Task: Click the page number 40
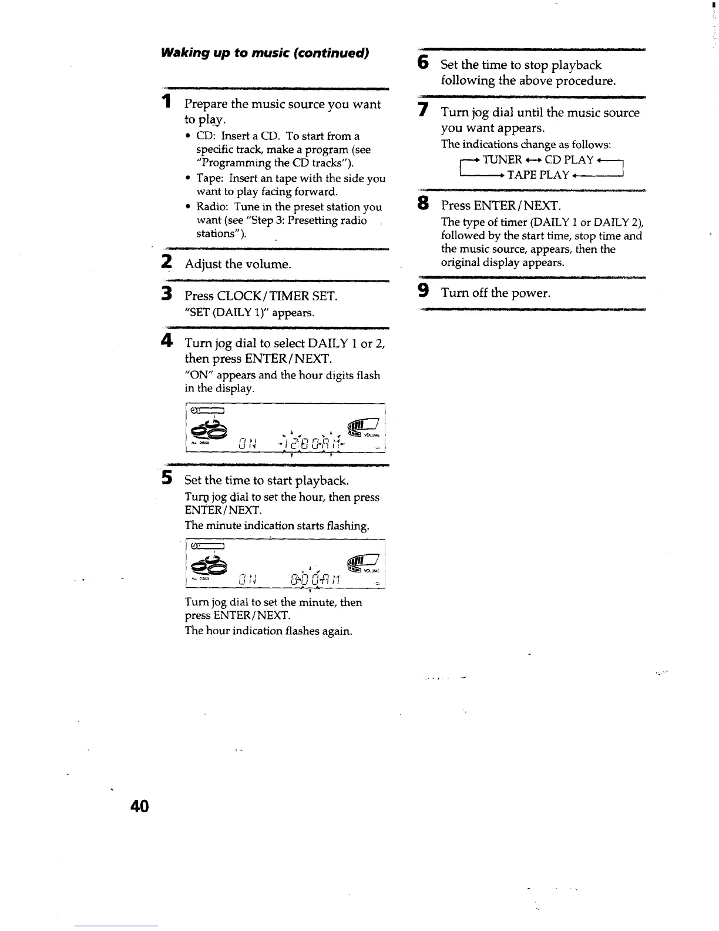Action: (x=140, y=806)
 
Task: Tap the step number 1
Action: (x=167, y=102)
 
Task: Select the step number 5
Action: (x=167, y=478)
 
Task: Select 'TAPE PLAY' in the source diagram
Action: (x=538, y=175)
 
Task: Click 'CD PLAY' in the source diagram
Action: (x=569, y=159)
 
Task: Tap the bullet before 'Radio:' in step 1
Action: (x=187, y=207)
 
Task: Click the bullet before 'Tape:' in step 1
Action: (x=187, y=178)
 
